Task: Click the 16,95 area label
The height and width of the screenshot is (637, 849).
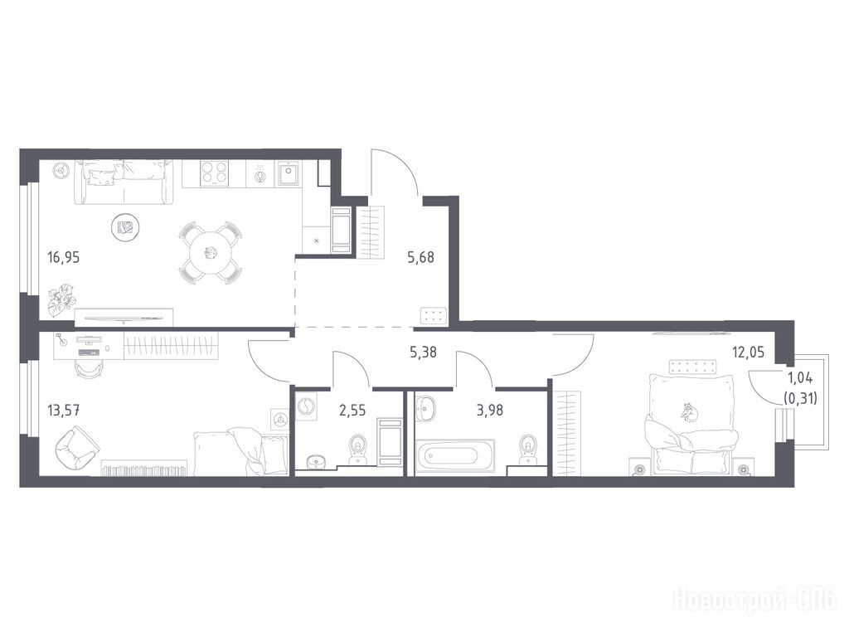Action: click(x=63, y=257)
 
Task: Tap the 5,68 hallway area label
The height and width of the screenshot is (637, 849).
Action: click(x=420, y=257)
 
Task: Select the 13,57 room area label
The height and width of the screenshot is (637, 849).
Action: click(x=64, y=410)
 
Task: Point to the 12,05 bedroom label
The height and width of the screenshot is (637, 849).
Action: click(x=749, y=353)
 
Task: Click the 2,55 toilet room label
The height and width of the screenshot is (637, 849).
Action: click(x=352, y=411)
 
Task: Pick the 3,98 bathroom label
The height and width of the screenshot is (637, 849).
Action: click(x=489, y=411)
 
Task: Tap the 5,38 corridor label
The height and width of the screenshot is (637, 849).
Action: click(x=423, y=353)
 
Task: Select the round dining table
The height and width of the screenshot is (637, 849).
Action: click(x=210, y=252)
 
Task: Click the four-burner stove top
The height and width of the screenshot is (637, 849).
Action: click(x=215, y=173)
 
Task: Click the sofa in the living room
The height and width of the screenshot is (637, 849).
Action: click(x=123, y=182)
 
